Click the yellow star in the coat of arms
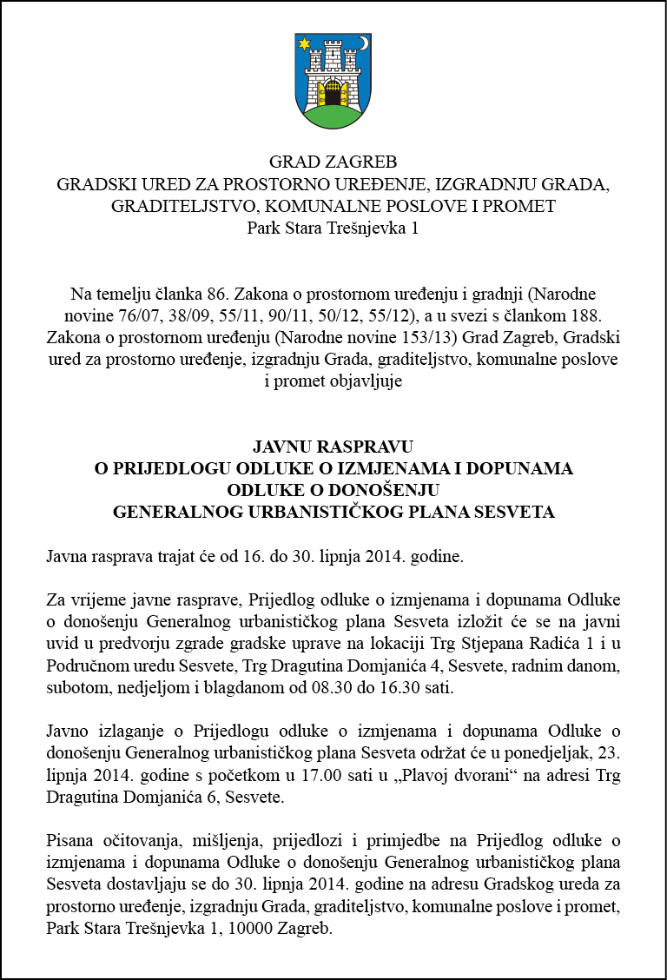tap(305, 43)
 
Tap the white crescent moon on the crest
tap(364, 43)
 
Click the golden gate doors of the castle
tap(333, 92)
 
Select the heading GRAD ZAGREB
tap(333, 162)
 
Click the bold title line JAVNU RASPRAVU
tap(333, 447)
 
